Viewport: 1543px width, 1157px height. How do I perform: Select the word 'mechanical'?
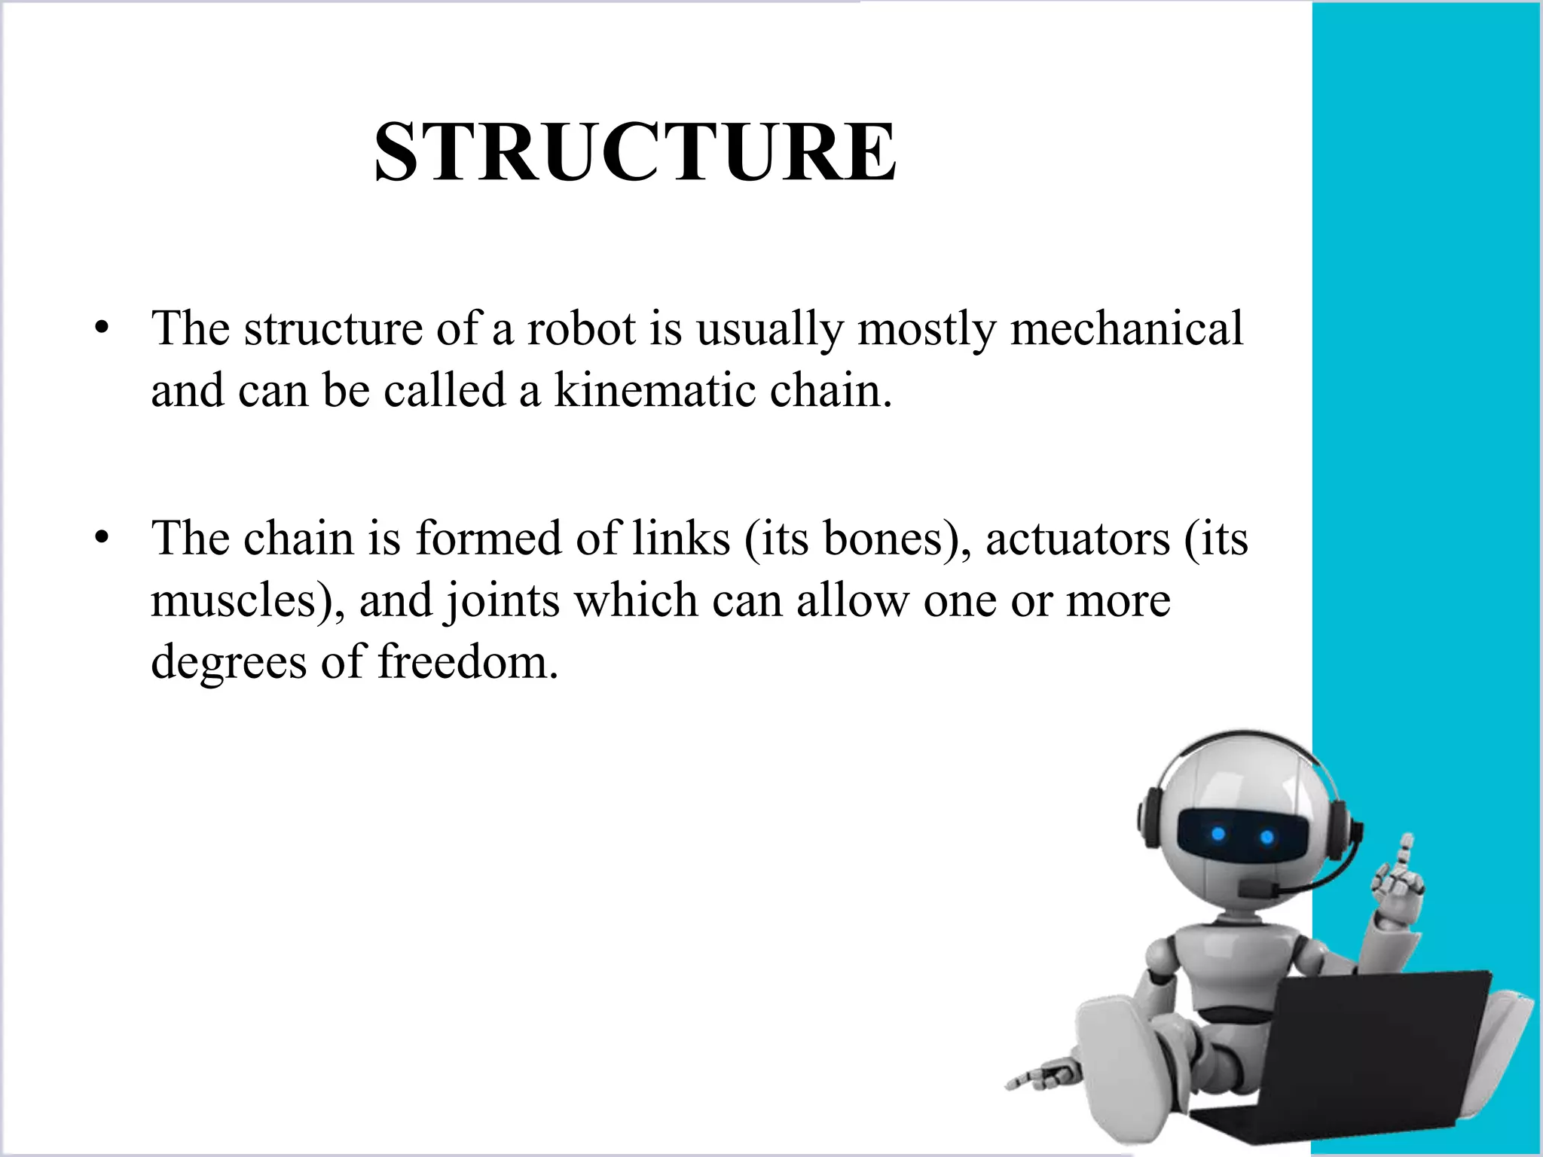pos(1126,328)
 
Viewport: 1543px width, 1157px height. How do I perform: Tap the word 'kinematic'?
pos(654,391)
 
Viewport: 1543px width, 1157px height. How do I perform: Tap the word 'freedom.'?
pos(468,662)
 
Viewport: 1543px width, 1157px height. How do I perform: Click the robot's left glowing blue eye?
pos(1218,834)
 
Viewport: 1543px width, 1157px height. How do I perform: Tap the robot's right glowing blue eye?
pos(1266,837)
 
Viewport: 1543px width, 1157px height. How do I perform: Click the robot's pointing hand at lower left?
pos(1043,1077)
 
